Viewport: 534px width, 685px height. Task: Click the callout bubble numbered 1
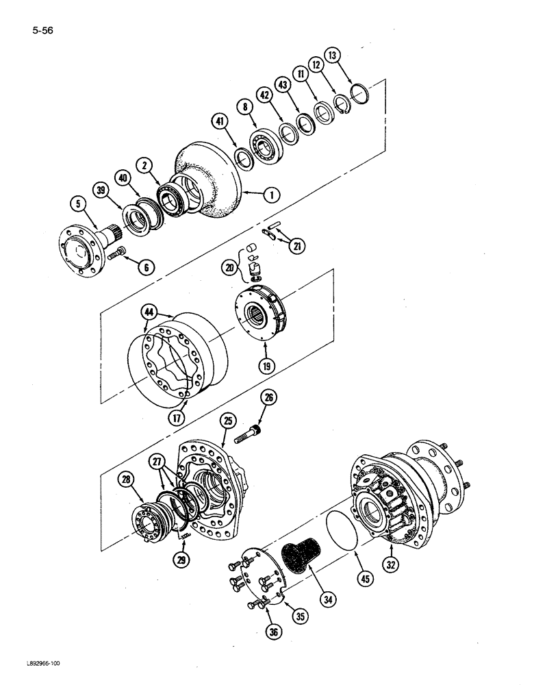273,195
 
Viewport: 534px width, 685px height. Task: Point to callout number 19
265,366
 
